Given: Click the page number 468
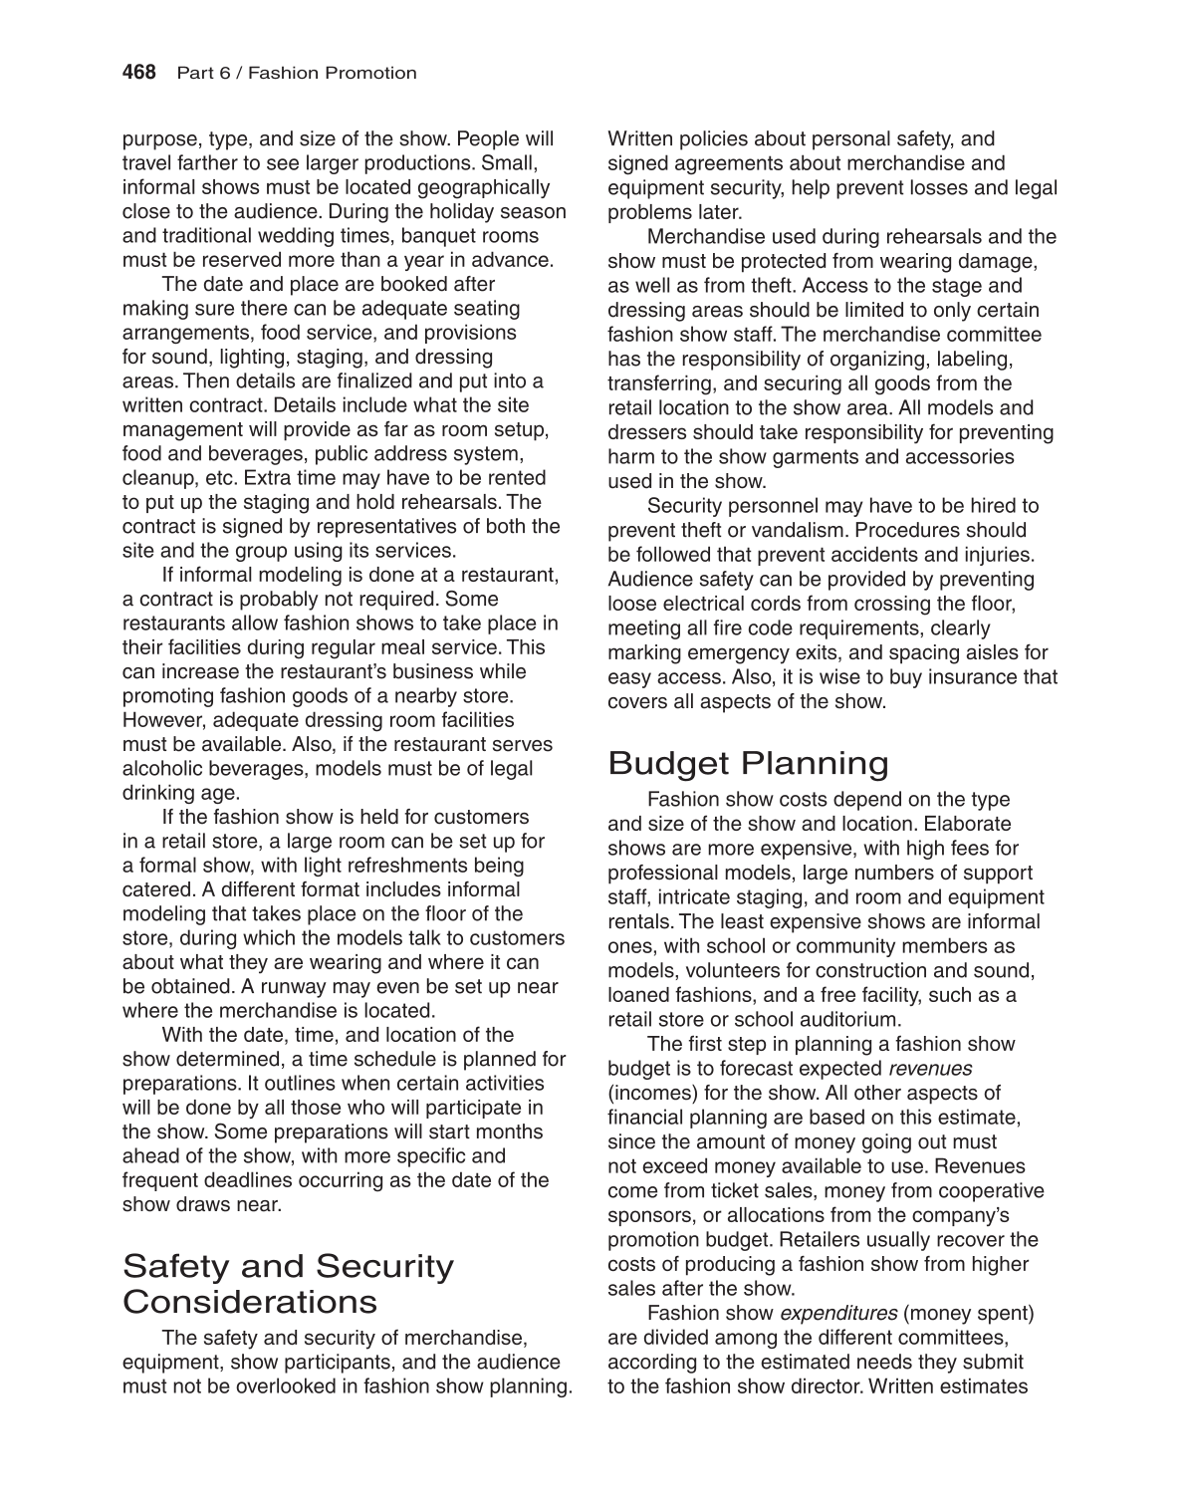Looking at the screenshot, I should (x=139, y=73).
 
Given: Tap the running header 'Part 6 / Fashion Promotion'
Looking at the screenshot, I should (x=296, y=73).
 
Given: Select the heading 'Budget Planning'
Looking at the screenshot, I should (x=748, y=763).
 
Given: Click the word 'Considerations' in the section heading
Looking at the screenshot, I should (x=249, y=1301).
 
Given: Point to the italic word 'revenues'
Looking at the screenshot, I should (x=930, y=1069).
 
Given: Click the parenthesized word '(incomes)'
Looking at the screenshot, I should (x=648, y=1094).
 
